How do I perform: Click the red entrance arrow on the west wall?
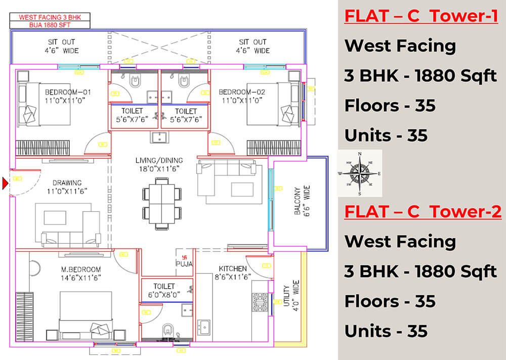click(x=6, y=183)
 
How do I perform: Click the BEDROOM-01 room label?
click(x=68, y=92)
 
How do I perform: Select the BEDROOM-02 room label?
click(x=241, y=92)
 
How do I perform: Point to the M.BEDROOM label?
click(x=80, y=269)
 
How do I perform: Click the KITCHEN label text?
click(x=232, y=268)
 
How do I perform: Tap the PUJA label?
click(x=182, y=263)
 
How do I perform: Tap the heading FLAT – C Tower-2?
click(x=423, y=211)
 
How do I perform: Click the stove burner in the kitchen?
click(x=260, y=302)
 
